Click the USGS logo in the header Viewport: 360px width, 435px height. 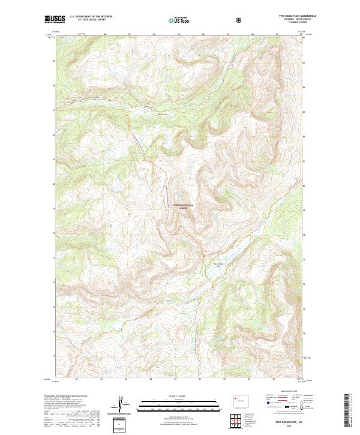tap(55, 19)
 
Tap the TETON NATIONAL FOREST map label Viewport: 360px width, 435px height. tap(184, 206)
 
